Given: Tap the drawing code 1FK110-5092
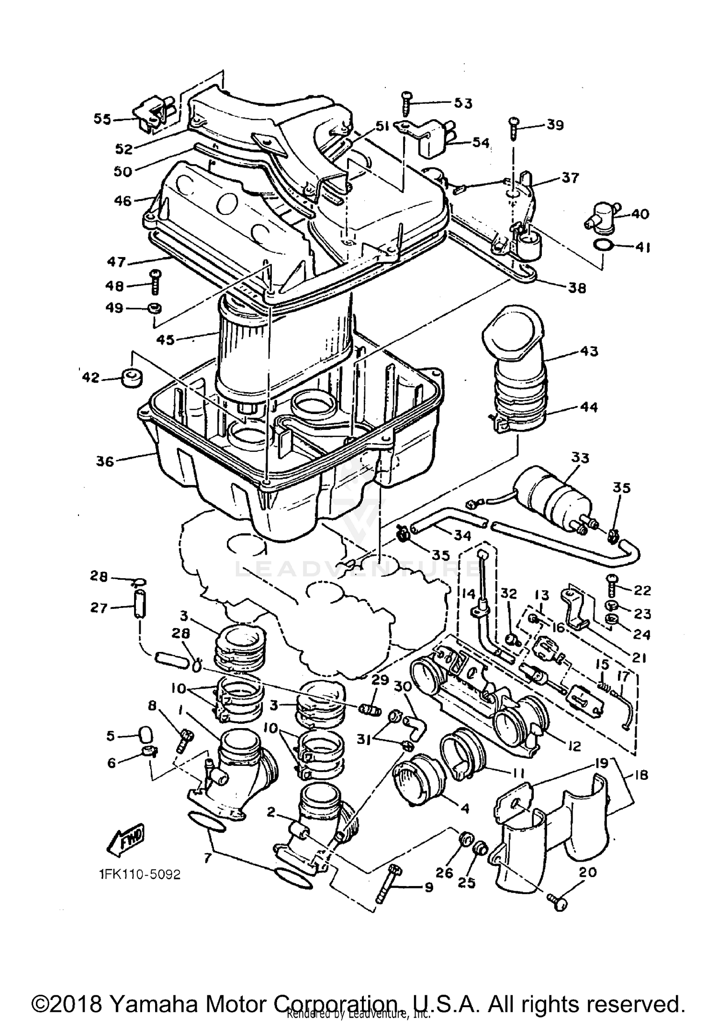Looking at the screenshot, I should pyautogui.click(x=139, y=875).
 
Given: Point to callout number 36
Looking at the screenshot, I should pyautogui.click(x=105, y=461).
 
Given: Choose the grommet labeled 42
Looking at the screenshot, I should pyautogui.click(x=132, y=378).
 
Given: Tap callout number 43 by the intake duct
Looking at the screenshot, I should pyautogui.click(x=589, y=351).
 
